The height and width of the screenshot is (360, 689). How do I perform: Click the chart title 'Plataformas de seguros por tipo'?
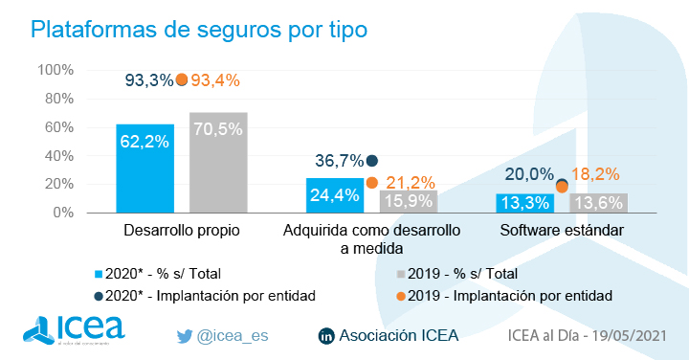[198, 29]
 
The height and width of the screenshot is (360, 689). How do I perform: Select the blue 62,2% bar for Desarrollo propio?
[145, 169]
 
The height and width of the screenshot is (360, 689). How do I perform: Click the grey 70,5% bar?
[218, 163]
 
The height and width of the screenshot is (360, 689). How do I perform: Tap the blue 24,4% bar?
[334, 195]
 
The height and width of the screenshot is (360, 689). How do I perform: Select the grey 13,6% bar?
[597, 203]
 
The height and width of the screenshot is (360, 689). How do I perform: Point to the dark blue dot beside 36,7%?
[371, 161]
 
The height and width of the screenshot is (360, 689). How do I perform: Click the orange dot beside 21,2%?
[371, 183]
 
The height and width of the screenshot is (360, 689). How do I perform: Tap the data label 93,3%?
[147, 80]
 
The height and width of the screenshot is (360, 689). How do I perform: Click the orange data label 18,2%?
[595, 174]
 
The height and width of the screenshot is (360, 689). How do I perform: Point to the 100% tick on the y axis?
[56, 70]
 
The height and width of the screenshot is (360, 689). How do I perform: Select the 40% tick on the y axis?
[58, 156]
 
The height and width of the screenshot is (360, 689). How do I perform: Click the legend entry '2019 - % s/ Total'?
[462, 273]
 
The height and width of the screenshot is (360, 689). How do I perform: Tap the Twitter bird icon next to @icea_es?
[186, 336]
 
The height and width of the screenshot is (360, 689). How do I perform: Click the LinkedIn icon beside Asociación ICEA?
[325, 336]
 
